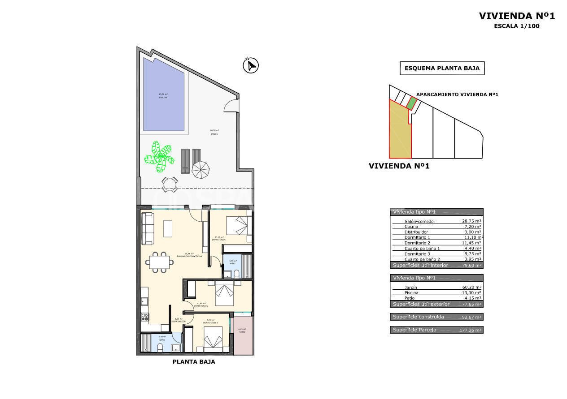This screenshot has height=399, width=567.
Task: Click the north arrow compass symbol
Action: (x=251, y=66)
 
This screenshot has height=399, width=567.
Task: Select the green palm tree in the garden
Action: (x=159, y=156)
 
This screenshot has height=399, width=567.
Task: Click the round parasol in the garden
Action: (x=201, y=169)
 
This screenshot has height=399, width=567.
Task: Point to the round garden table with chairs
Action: (x=169, y=184)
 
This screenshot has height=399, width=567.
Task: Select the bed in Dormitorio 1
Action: (x=236, y=225)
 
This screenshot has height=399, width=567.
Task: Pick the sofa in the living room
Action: (x=147, y=228)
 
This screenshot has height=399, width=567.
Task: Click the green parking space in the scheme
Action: (x=411, y=103)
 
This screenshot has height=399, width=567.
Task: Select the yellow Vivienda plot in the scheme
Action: (x=399, y=132)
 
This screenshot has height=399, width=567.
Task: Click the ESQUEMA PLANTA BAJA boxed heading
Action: (x=442, y=69)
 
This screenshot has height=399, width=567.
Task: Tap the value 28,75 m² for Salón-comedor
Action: (x=471, y=221)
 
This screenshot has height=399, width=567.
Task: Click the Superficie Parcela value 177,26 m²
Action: (x=471, y=330)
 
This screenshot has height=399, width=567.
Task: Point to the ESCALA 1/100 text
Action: (x=516, y=26)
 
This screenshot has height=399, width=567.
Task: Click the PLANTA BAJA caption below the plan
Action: (x=194, y=362)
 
